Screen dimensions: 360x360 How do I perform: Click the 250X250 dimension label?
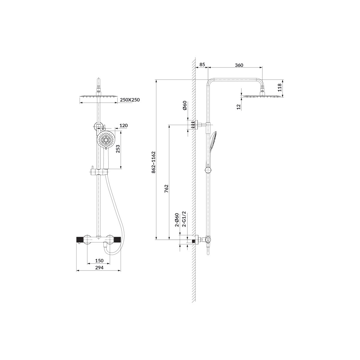(x=130, y=100)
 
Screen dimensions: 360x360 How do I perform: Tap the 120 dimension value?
(x=124, y=125)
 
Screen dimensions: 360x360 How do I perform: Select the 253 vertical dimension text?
(x=118, y=149)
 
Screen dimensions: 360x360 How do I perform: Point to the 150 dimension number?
(x=99, y=260)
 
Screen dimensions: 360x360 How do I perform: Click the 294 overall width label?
(x=99, y=268)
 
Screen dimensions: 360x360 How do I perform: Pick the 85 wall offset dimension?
(x=202, y=64)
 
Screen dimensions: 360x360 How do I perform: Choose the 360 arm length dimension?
(x=239, y=65)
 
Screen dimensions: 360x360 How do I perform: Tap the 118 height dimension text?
(x=280, y=87)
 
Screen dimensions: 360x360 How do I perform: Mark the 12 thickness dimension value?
(x=238, y=107)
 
